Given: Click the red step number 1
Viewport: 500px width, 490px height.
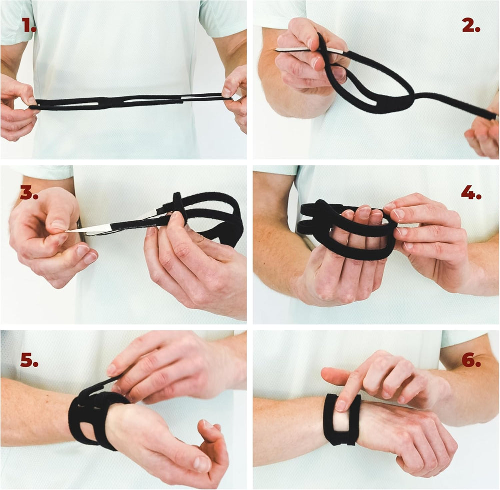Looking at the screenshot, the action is point(28,25).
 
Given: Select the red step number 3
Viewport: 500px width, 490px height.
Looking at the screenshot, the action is point(29,192).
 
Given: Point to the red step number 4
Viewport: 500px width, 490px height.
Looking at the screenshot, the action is point(471,192).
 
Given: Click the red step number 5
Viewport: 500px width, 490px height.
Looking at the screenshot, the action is point(29,359).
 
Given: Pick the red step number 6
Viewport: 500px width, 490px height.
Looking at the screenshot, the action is point(471,359).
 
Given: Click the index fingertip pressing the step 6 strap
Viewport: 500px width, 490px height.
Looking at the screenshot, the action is point(340,405).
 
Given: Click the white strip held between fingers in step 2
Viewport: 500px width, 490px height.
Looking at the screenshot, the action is point(309,50).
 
